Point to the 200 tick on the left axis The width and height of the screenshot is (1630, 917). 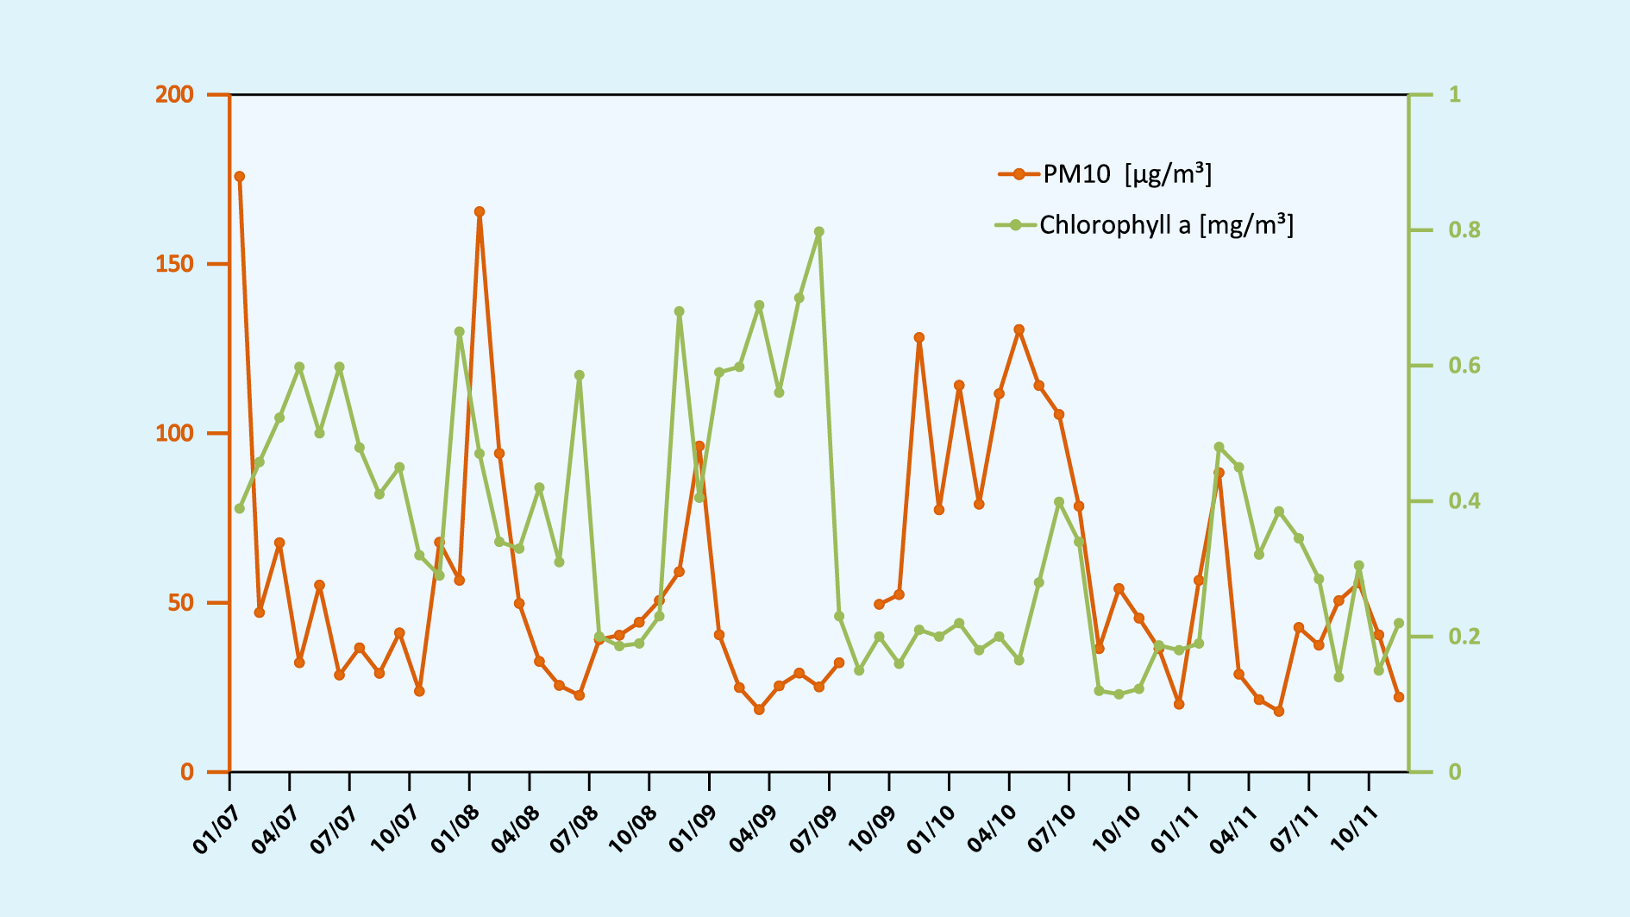coord(174,94)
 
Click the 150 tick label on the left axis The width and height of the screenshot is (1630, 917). coord(174,264)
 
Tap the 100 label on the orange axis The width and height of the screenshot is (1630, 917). coord(174,433)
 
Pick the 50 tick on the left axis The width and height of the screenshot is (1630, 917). coord(180,602)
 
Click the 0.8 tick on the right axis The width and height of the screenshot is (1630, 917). coord(1464,230)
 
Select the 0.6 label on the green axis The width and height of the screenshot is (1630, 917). coord(1464,366)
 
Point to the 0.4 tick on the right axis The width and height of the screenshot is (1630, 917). coord(1464,501)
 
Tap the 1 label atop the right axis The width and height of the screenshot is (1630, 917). coord(1455,94)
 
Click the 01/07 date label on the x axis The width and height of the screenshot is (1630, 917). coord(216,829)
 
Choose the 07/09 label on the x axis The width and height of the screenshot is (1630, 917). coord(815,829)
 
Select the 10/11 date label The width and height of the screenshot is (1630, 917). coord(1354,829)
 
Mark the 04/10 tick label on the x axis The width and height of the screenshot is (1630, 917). coord(994,829)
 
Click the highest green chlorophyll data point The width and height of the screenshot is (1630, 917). coord(819,232)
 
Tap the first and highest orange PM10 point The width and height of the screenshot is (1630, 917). coord(240,177)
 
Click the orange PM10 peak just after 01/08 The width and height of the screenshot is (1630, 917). coord(480,211)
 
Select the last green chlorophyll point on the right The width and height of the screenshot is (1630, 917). coord(1399,623)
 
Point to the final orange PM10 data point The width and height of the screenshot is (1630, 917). coord(1399,697)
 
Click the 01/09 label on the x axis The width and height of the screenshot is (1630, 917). coord(694,829)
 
